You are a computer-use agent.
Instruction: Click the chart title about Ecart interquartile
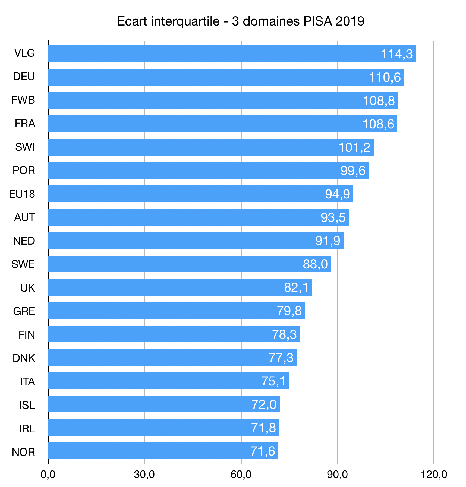click(241, 21)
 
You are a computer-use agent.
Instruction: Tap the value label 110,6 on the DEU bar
click(385, 77)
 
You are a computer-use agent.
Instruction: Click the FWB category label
click(23, 100)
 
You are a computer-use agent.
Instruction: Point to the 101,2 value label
click(354, 147)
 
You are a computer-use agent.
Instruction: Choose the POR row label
click(24, 170)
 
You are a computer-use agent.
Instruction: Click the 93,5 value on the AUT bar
click(333, 217)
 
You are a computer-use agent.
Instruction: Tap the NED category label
click(24, 241)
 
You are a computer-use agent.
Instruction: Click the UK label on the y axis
click(27, 288)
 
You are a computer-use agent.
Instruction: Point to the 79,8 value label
click(289, 311)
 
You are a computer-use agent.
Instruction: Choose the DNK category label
click(24, 358)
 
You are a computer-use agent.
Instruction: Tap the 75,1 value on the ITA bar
click(273, 381)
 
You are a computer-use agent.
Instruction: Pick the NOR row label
click(24, 452)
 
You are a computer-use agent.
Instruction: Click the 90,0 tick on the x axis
click(337, 475)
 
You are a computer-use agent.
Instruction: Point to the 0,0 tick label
click(48, 475)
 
